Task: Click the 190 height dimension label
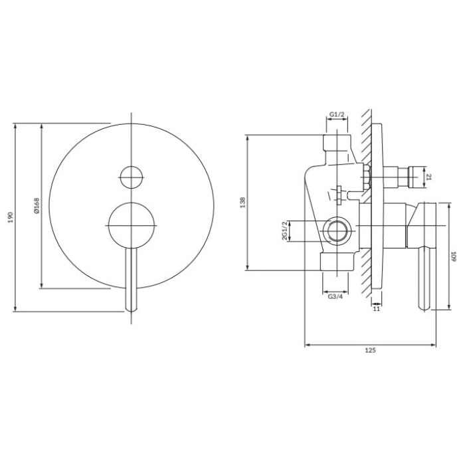[x=11, y=217]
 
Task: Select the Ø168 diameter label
[x=37, y=206]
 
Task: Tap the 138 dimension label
[x=243, y=202]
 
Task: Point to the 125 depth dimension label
[x=370, y=350]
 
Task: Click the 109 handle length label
[x=453, y=256]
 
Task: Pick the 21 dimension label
[x=429, y=177]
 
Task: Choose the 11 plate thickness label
[x=377, y=309]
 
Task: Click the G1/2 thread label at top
[x=337, y=114]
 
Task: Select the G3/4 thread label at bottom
[x=335, y=296]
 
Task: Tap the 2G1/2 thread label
[x=284, y=231]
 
